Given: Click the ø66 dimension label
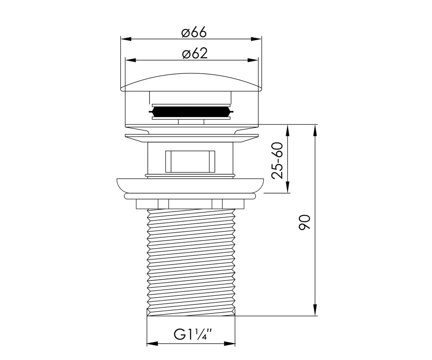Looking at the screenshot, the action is coord(194,32).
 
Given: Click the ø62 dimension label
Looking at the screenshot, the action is coord(195,53).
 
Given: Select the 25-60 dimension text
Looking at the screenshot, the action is coord(277,160).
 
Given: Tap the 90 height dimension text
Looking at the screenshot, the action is coord(304,222).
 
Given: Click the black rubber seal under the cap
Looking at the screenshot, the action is coord(191,112).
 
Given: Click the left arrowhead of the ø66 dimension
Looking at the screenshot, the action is coord(126,39).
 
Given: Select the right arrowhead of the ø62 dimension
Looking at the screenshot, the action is coord(253,60).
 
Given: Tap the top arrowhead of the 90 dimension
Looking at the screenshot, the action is coord(315,130).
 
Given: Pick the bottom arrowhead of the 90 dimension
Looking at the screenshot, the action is coord(315,310).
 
